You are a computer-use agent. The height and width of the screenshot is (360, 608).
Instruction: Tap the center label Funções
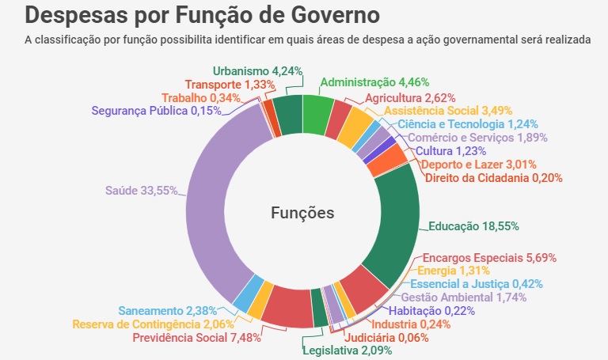click(x=302, y=213)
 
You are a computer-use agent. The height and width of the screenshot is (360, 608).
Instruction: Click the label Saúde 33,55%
click(x=141, y=190)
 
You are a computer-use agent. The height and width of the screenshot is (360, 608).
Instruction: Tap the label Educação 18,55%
click(x=473, y=225)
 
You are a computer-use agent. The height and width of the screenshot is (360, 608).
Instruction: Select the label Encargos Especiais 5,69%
click(x=489, y=257)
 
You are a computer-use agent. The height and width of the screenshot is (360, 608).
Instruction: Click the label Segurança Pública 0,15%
click(x=156, y=111)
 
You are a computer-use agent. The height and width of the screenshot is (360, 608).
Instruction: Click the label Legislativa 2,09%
click(x=347, y=351)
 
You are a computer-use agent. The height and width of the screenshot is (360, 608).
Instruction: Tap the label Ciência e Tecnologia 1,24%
click(x=468, y=123)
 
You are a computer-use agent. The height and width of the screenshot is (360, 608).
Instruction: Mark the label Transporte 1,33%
click(x=230, y=84)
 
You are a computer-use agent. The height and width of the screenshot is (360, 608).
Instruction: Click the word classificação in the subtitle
click(x=70, y=39)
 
